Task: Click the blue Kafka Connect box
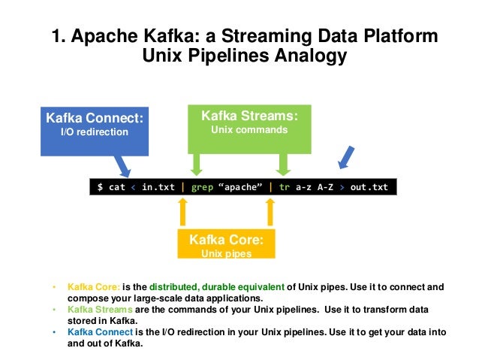point(95,130)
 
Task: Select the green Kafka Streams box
point(249,128)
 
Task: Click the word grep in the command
point(202,187)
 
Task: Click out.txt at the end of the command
point(369,187)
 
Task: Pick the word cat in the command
point(116,187)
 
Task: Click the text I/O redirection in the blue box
point(95,132)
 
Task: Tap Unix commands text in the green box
point(249,129)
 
